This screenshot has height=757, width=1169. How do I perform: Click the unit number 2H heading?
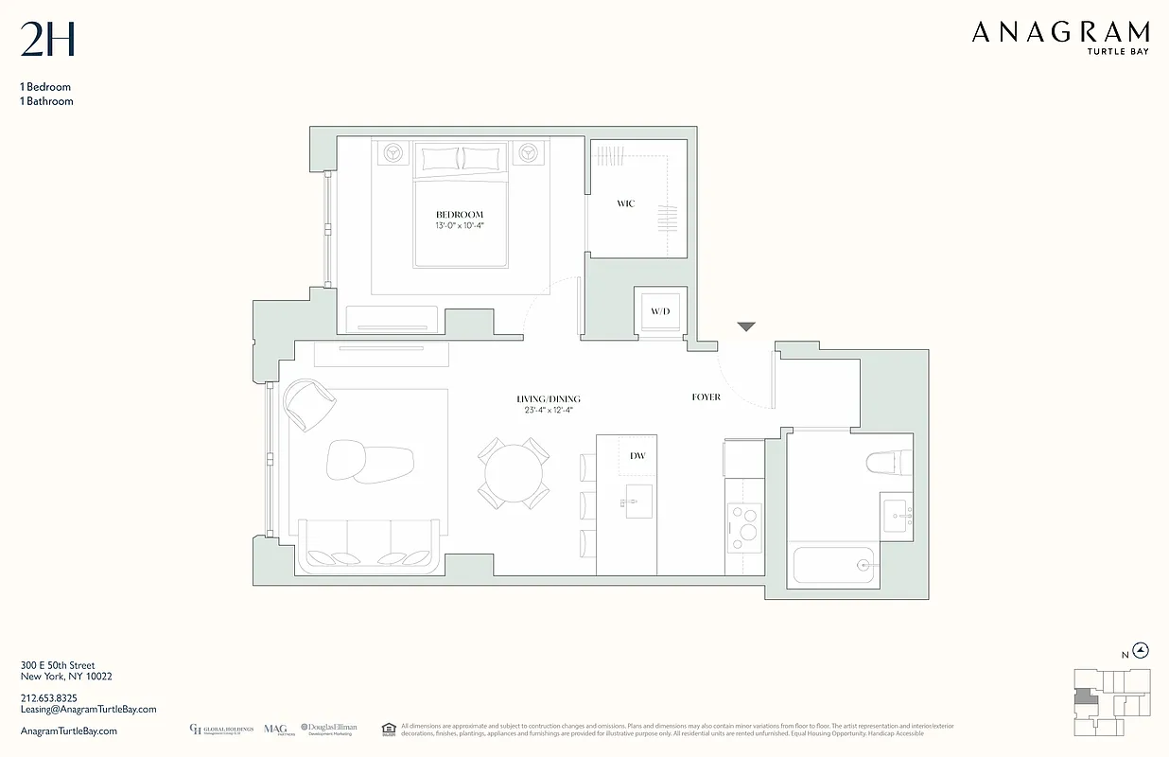click(x=47, y=40)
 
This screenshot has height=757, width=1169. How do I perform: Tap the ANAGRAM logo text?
click(x=1060, y=33)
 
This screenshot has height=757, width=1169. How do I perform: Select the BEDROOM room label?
click(x=460, y=215)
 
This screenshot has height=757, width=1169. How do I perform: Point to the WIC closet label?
click(x=625, y=203)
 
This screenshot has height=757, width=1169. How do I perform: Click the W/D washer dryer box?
click(x=659, y=310)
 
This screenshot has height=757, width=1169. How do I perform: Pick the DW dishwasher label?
click(x=637, y=456)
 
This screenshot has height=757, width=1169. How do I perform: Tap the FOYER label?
click(x=706, y=397)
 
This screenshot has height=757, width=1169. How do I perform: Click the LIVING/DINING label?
click(x=549, y=399)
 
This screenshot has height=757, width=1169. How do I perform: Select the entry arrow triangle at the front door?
click(x=746, y=327)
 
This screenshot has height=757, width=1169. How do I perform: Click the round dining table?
click(x=514, y=471)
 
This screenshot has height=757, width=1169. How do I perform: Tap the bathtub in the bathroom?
click(x=836, y=565)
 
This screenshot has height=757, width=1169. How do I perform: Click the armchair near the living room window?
click(x=309, y=405)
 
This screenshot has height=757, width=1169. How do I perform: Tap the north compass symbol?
click(x=1142, y=650)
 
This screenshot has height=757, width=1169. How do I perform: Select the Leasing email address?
click(x=88, y=710)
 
